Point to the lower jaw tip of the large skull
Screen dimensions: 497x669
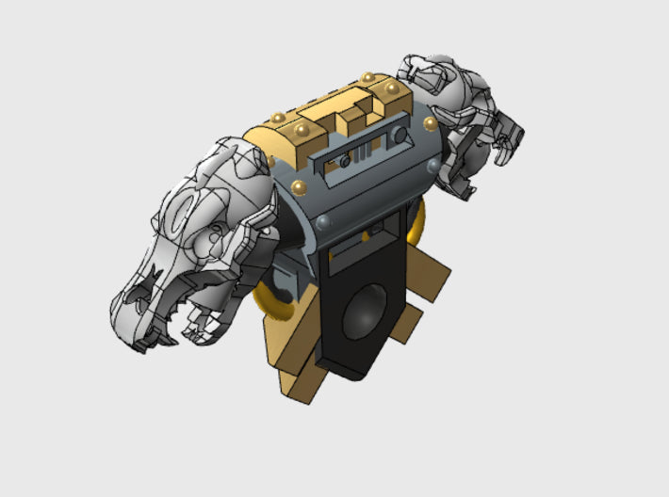point(193,331)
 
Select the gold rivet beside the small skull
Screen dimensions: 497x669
point(430,123)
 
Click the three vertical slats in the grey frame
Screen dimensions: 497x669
point(366,153)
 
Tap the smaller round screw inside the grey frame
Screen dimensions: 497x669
point(345,161)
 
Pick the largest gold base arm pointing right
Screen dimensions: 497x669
point(429,278)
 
